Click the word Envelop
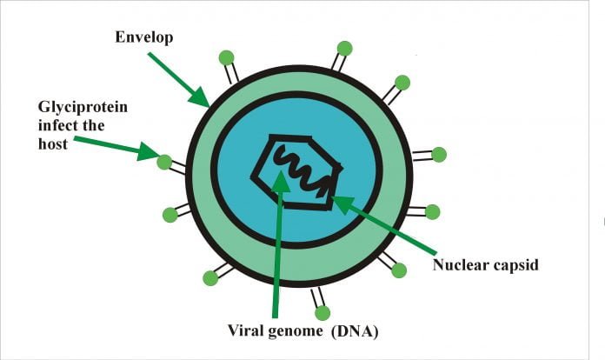144,37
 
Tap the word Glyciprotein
83,108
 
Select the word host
53,144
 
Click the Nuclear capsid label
485,265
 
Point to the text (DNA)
355,331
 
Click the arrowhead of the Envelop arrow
200,97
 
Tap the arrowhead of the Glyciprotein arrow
149,151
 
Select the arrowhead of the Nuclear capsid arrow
342,202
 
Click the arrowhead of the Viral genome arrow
282,182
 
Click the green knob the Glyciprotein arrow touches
164,162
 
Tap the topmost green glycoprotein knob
344,49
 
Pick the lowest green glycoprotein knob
322,313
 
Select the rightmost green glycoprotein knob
439,155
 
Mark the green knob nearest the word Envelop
227,58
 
